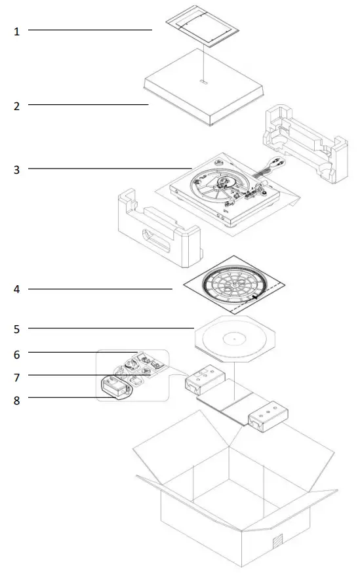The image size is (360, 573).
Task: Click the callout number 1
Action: [17, 31]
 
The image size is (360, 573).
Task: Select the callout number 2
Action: [17, 105]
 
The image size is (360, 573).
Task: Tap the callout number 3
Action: [17, 169]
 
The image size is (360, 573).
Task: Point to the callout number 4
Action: [17, 289]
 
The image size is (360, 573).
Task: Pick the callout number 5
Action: [17, 328]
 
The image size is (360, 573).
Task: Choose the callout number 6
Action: [17, 354]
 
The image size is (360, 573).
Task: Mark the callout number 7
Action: [17, 377]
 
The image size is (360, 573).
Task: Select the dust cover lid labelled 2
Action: [203, 92]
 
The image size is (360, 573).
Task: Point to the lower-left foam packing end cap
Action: [157, 226]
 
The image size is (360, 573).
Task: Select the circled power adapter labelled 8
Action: [114, 386]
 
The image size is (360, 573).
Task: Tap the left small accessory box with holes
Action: [204, 381]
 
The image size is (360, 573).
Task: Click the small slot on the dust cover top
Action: [204, 83]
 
